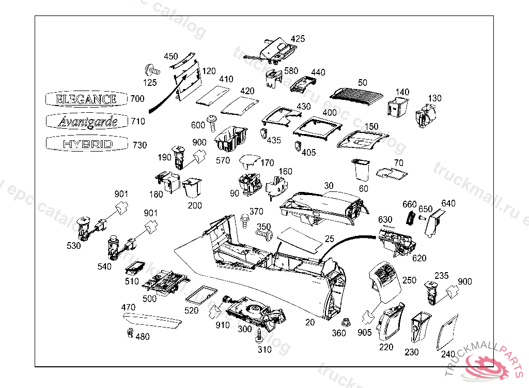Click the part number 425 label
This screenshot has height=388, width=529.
click(x=298, y=39)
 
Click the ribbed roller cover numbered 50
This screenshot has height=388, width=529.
click(x=356, y=94)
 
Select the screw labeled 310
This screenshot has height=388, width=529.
click(x=259, y=338)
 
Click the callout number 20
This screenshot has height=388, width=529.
click(x=310, y=322)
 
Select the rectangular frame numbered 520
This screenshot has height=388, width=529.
click(x=200, y=295)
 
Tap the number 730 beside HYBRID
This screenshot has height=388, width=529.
click(x=139, y=145)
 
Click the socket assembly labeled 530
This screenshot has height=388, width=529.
click(x=85, y=226)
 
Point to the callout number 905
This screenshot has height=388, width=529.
click(x=364, y=333)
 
